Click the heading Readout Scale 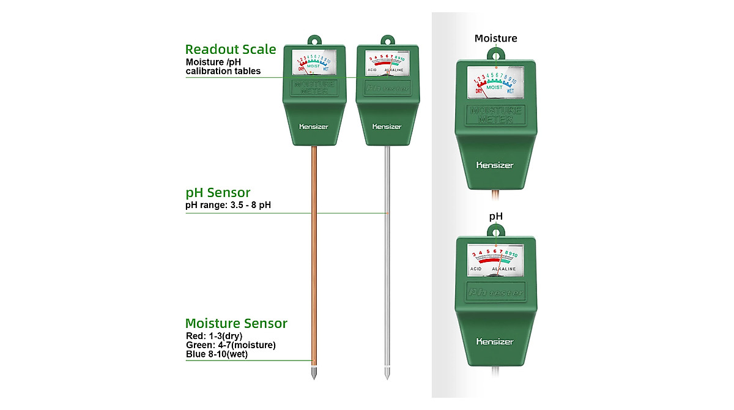[231, 50]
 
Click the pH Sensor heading [218, 193]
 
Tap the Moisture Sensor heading [236, 324]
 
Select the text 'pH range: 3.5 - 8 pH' [228, 204]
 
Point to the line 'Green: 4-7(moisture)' [231, 345]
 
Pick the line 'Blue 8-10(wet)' [217, 354]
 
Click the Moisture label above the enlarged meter [495, 39]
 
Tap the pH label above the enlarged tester [495, 216]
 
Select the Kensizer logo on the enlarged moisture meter [495, 165]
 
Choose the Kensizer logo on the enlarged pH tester [495, 341]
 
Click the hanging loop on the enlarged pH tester [495, 231]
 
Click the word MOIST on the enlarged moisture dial [494, 88]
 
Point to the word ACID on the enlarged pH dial [477, 269]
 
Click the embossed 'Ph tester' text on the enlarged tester [495, 292]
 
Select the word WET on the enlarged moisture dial [510, 91]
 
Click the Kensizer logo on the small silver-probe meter [387, 127]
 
